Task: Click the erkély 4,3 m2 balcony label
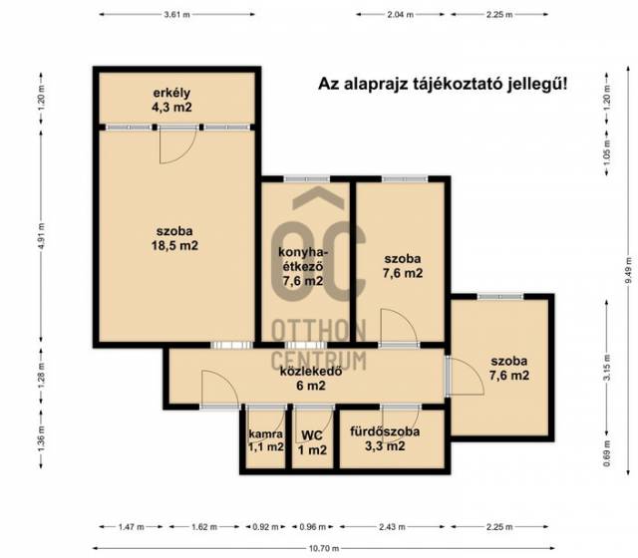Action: [171, 100]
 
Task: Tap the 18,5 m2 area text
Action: [174, 246]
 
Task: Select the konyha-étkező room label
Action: [303, 259]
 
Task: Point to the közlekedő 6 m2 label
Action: [311, 379]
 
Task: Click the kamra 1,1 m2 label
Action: [266, 440]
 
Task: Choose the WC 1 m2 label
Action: [312, 442]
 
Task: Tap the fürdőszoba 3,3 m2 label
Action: [385, 438]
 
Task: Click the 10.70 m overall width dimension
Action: [324, 548]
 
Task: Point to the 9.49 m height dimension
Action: [629, 271]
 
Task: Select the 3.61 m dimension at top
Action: [177, 15]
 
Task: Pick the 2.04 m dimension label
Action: [401, 15]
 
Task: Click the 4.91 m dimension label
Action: [41, 236]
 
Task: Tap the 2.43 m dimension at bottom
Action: [392, 527]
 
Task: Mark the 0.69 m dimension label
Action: [607, 453]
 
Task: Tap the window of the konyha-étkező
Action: [306, 179]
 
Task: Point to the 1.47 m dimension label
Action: [132, 527]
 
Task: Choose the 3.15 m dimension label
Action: [607, 368]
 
